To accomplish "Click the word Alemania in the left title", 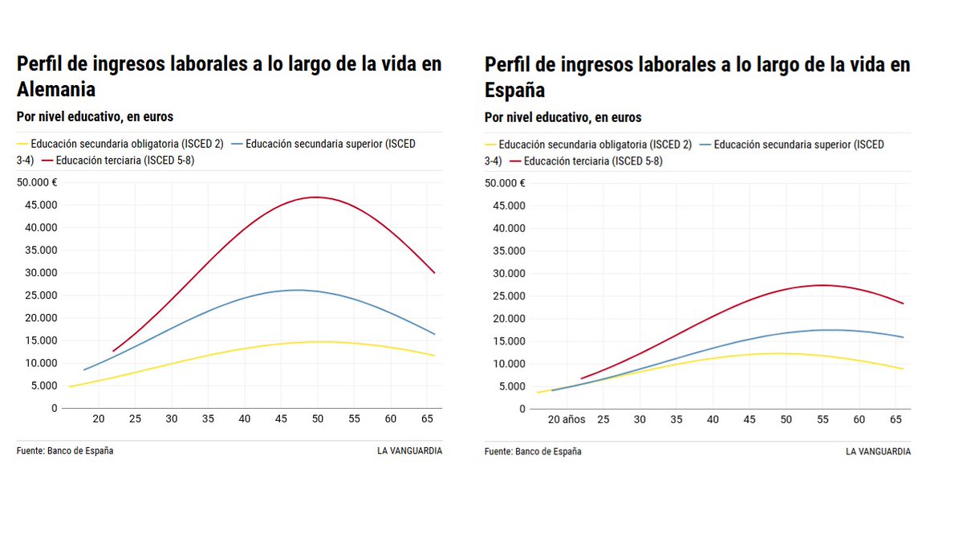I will (56, 89).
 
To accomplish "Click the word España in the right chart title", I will (514, 89).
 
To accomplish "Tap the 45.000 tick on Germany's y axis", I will (37, 205).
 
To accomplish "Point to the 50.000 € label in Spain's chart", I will (505, 183).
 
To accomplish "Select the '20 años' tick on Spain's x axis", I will (567, 419).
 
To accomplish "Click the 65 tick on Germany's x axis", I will (427, 419).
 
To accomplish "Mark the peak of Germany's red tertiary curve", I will (316, 197).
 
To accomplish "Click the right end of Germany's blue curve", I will (434, 334).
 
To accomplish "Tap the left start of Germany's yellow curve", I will (70, 386).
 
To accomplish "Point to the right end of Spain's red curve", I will (903, 304).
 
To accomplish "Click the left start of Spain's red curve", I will (581, 378).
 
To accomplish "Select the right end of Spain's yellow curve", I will (903, 369).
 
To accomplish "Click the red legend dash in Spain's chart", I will (514, 161).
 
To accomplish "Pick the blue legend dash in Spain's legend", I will (705, 145).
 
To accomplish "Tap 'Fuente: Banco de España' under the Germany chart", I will (65, 451).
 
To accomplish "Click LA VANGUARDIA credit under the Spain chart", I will (878, 451).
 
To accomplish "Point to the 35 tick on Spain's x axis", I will (677, 419).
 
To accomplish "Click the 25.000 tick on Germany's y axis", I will (37, 295).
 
